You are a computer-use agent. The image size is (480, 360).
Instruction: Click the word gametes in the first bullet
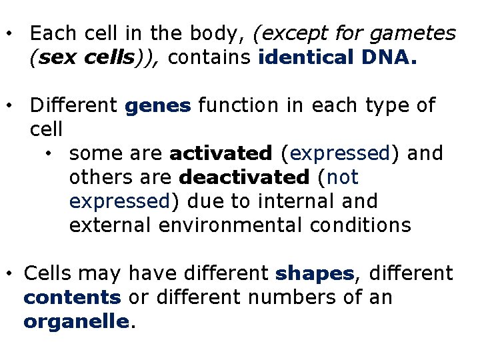point(415,33)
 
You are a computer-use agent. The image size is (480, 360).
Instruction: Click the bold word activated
point(221,154)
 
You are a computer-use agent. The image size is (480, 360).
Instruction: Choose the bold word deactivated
point(245,178)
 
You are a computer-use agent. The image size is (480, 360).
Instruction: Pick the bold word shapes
point(315,273)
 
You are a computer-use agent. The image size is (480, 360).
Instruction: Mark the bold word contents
point(72,297)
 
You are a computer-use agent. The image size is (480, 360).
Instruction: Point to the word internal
point(309,201)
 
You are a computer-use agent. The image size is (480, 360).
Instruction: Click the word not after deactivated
point(344,178)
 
